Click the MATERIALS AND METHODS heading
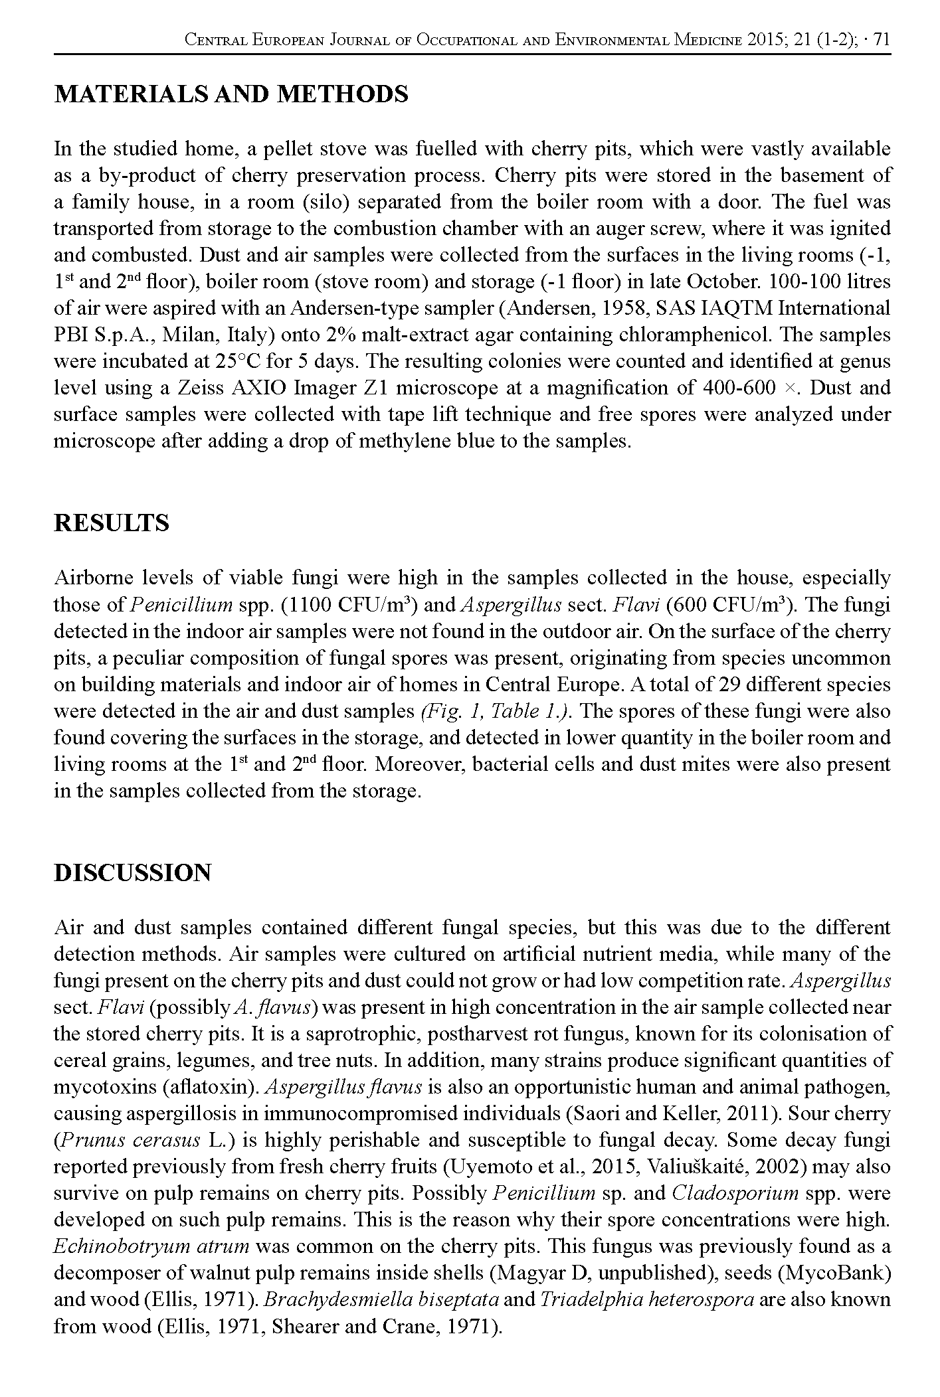231,94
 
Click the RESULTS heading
111,523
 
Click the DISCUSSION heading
132,872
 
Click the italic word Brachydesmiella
324,1299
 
